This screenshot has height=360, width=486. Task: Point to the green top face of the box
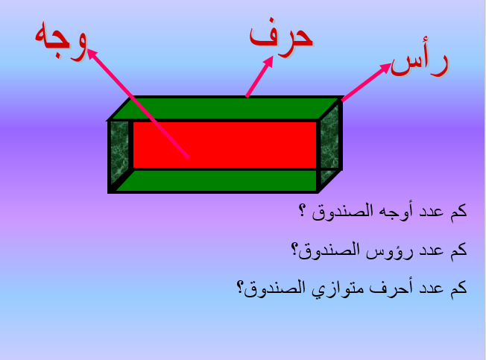[x=224, y=107]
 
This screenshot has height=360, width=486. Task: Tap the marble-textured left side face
[x=119, y=153]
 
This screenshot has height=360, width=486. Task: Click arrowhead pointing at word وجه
[x=91, y=54]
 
